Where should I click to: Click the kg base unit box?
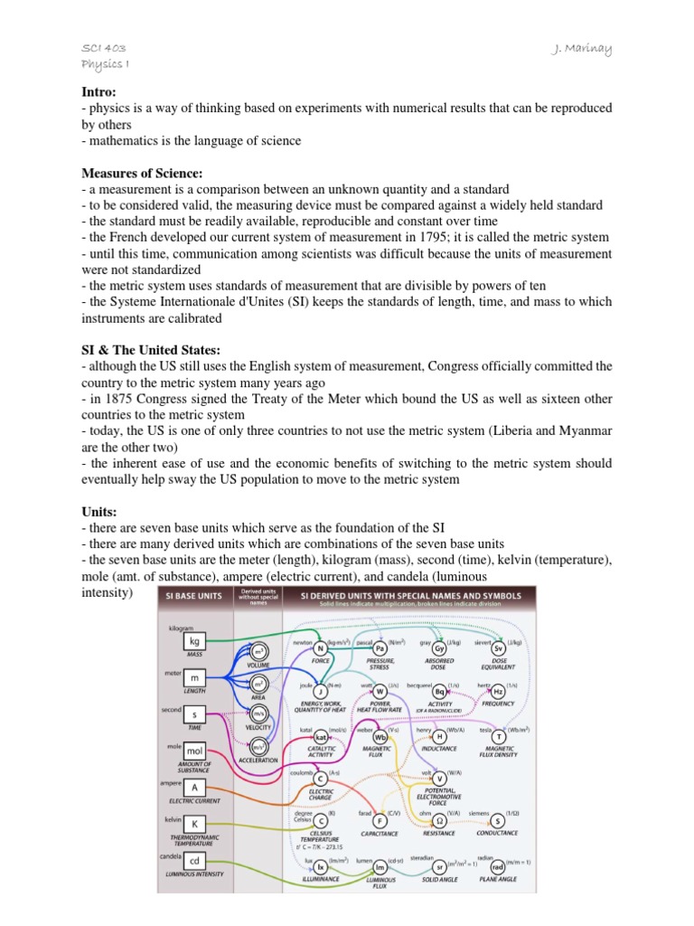pyautogui.click(x=193, y=641)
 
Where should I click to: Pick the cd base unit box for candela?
pyautogui.click(x=193, y=860)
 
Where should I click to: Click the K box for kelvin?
pyautogui.click(x=193, y=823)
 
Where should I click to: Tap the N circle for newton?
pyautogui.click(x=320, y=648)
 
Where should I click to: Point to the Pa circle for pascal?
pyautogui.click(x=380, y=648)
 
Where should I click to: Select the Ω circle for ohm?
pyautogui.click(x=439, y=820)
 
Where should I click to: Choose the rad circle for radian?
pyautogui.click(x=497, y=866)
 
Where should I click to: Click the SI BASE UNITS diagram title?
pyautogui.click(x=193, y=595)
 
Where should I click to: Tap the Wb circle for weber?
pyautogui.click(x=380, y=738)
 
